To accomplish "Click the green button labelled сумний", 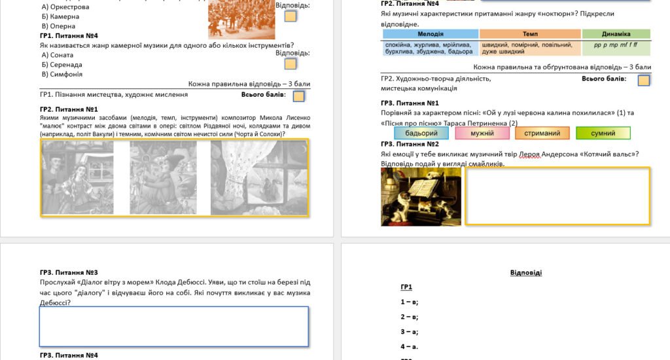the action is pos(603,133).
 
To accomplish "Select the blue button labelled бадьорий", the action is pos(421,133).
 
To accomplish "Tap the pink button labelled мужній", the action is pos(482,133).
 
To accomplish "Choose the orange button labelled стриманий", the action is pos(542,133).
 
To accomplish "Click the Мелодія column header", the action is pos(431,34).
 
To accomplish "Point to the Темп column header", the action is pos(530,34).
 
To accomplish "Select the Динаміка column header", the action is pos(616,34).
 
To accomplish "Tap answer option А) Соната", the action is pos(58,55).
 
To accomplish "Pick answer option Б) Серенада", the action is pos(62,65).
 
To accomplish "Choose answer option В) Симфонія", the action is pos(62,74).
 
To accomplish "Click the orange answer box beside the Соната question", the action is pos(290,63).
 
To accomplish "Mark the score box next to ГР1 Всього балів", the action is pos(298,96).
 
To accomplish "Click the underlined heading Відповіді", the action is pos(526,272).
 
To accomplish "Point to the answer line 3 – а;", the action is pos(410,332).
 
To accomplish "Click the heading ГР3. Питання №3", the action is pos(69,272).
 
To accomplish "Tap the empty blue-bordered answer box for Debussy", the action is pos(174,327).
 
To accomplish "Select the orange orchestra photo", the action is pos(241,19).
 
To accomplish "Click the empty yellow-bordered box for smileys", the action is pos(557,196).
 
